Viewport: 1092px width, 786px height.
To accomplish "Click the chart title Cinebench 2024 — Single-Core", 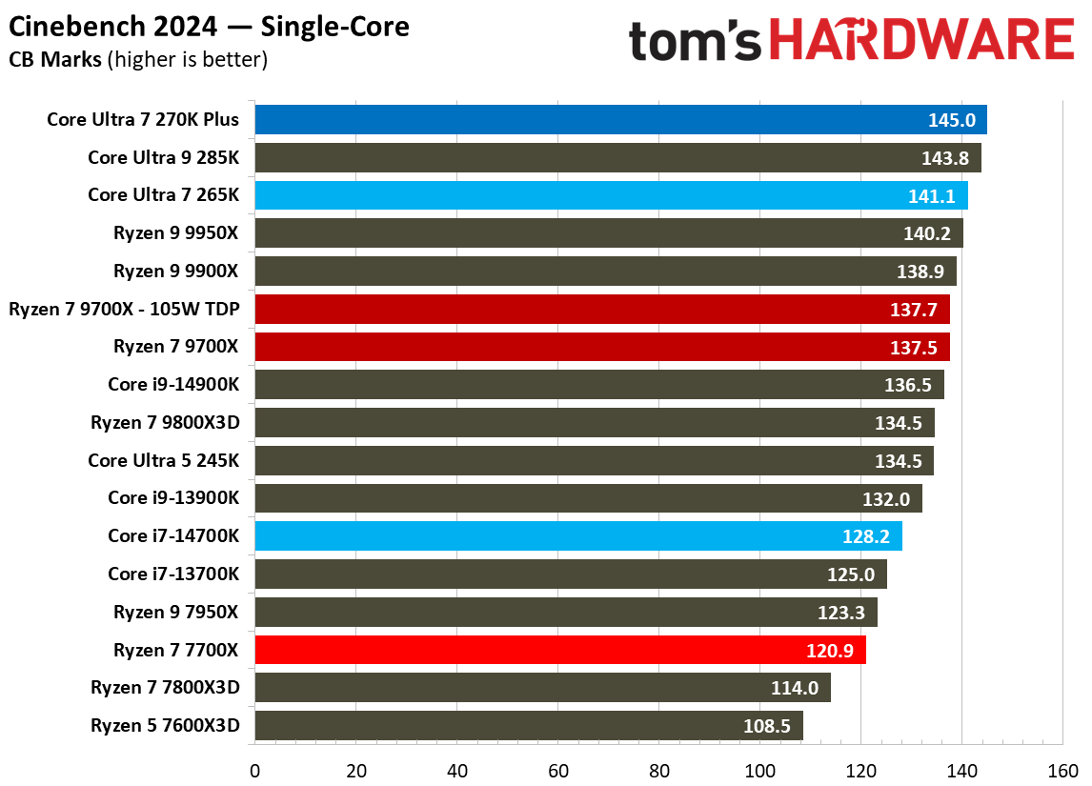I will [210, 27].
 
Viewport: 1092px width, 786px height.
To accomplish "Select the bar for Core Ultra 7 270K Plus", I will [619, 120].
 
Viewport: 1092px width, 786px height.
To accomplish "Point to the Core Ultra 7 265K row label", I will [163, 195].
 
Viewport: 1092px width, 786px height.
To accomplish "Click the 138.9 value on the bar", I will [920, 272].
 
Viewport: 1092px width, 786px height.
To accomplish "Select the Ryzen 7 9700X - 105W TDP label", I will [124, 310].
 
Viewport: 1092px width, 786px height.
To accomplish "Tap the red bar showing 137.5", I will [601, 347].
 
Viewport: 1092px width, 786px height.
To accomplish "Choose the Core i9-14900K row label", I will [173, 385].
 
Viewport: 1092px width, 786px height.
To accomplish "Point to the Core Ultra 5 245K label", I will [163, 461].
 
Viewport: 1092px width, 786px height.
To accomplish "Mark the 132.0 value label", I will [886, 499].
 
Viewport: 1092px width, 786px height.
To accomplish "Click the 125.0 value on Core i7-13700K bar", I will [851, 574].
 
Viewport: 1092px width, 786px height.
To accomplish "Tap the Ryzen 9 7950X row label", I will [176, 613].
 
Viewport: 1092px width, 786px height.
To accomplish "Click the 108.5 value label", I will [767, 726].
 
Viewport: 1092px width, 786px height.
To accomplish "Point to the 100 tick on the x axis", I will [759, 770].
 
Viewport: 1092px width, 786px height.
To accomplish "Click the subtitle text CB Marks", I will [55, 60].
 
